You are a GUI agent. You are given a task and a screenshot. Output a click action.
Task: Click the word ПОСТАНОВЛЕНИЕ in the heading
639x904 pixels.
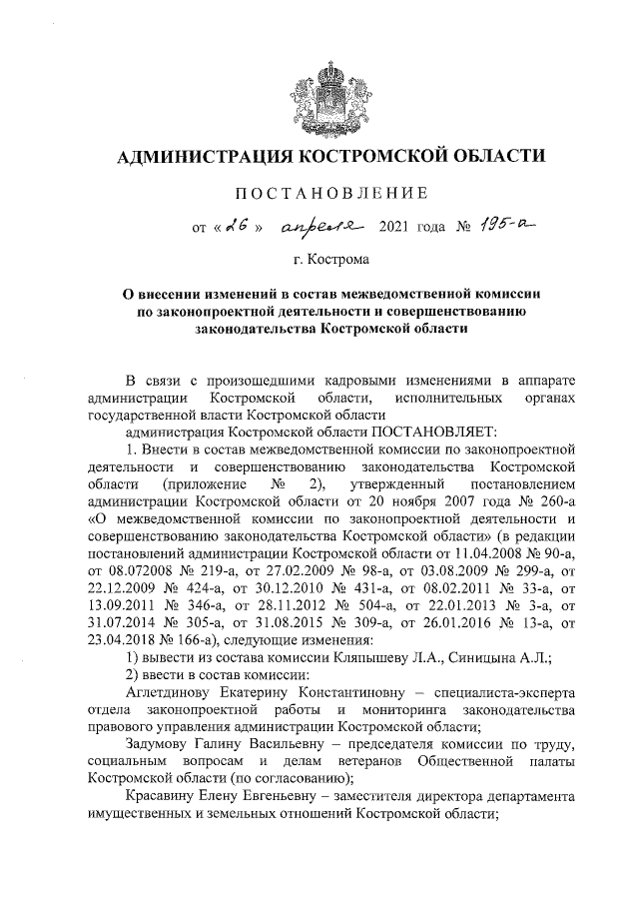click(x=330, y=192)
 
